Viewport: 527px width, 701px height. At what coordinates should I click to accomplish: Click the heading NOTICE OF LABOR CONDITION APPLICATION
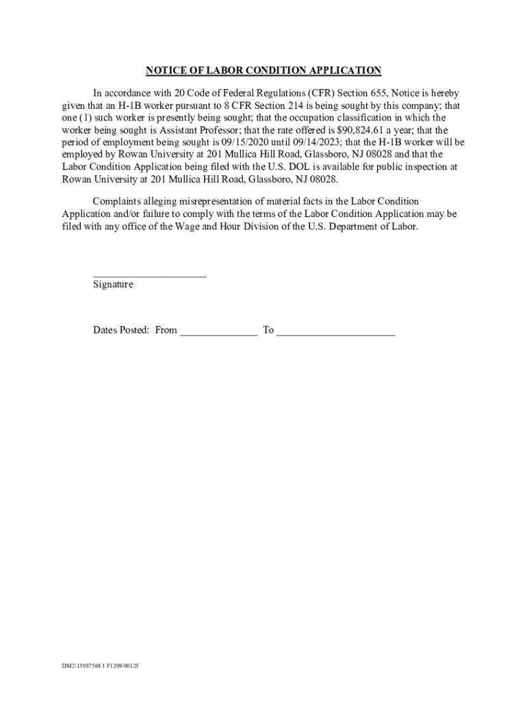263,71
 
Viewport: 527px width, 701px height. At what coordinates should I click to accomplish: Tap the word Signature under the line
113,284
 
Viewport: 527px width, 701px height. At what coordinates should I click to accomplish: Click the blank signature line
149,275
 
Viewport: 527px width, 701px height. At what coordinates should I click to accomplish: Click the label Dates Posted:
121,330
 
